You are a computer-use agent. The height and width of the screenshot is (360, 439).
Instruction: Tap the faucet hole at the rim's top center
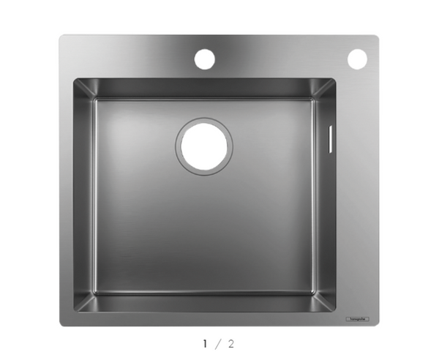[x=204, y=58]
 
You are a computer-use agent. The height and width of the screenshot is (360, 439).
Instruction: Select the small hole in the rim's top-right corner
[x=357, y=59]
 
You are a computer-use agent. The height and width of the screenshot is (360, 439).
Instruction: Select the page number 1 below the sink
[x=206, y=343]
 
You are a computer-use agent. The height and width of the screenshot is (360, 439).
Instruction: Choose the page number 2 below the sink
[x=232, y=343]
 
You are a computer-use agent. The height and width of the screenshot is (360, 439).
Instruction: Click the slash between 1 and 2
[x=219, y=343]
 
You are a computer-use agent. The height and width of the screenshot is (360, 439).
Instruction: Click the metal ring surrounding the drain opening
[x=178, y=146]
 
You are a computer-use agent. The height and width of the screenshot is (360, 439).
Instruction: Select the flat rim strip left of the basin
[x=66, y=198]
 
